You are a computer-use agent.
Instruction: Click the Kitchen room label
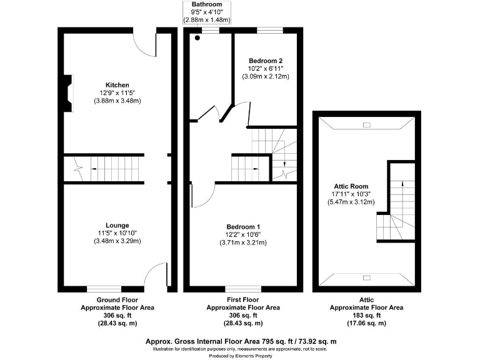click(117, 85)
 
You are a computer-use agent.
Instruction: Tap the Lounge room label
click(117, 225)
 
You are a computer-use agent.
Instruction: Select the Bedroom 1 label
click(243, 227)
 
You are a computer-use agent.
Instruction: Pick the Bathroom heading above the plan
click(206, 4)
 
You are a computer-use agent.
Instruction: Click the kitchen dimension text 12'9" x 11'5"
click(117, 92)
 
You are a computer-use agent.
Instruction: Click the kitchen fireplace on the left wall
click(66, 89)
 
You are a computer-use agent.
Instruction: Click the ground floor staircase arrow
click(94, 167)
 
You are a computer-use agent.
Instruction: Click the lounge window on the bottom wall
click(104, 289)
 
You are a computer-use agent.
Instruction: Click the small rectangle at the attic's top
click(367, 126)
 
